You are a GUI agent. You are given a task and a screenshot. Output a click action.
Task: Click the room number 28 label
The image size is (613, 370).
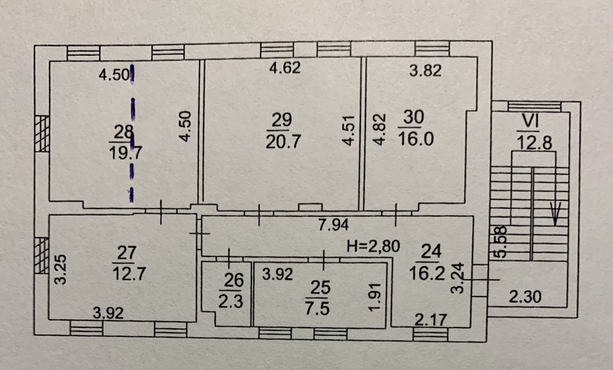pos(124,132)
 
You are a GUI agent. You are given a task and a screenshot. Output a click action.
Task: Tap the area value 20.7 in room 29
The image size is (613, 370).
pos(283,142)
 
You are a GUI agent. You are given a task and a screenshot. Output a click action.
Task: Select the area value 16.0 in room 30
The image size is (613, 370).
pos(416,139)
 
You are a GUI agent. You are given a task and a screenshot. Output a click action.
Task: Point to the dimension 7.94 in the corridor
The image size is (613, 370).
pos(333,225)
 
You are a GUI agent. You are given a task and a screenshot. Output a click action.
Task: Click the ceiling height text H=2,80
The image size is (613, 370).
pos(373,247)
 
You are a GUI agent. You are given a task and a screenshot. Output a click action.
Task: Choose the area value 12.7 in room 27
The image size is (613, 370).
pos(129,273)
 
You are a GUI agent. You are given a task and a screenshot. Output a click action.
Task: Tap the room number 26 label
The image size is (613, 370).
pos(234,280)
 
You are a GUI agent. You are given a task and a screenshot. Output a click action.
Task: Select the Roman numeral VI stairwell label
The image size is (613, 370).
pos(530,121)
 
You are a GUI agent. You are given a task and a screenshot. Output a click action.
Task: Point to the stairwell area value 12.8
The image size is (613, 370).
pos(534,143)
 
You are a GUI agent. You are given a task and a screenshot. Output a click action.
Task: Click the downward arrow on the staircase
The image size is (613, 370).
pos(555,214)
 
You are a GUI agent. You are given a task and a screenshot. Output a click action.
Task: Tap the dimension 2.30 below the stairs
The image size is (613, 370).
pos(525,297)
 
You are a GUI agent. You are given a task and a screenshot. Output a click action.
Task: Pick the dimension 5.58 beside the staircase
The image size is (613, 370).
pos(502,242)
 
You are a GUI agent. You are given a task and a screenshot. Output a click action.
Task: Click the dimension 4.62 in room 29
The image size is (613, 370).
pos(285,68)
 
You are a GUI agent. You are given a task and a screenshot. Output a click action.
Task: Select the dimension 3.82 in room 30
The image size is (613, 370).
pos(425,70)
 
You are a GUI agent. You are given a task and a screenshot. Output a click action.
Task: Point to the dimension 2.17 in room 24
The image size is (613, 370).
pos(431,320)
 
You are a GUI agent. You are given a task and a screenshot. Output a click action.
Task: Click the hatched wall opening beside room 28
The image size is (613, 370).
pos(42,134)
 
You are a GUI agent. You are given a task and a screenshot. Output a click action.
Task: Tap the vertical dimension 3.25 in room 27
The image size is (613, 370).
pos(60,270)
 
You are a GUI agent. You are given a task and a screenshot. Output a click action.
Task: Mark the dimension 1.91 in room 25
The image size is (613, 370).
pos(374,297)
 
